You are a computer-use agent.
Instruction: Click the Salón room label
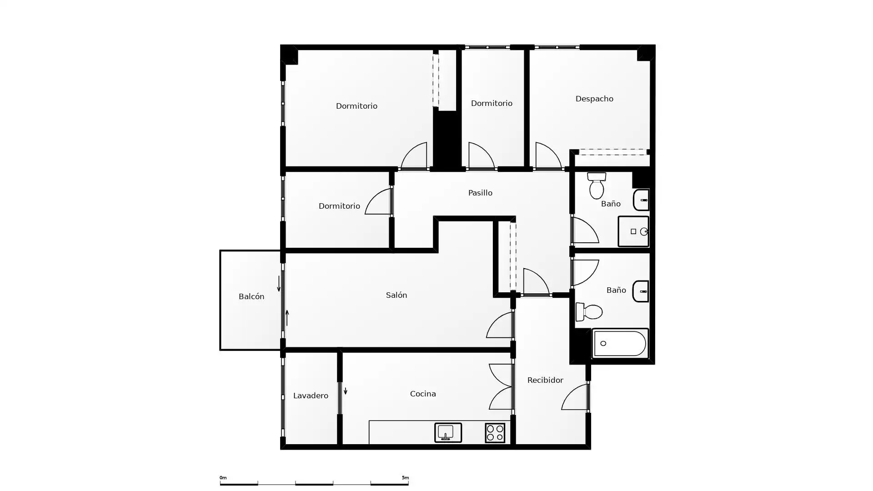pyautogui.click(x=396, y=295)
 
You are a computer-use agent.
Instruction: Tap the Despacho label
pyautogui.click(x=594, y=99)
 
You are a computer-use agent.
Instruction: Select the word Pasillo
pyautogui.click(x=480, y=193)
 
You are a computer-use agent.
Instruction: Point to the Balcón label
pyautogui.click(x=251, y=296)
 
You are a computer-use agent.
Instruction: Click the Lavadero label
pyautogui.click(x=311, y=396)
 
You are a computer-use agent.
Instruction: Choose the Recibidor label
pyautogui.click(x=545, y=380)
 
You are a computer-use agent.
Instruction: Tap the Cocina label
pyautogui.click(x=423, y=394)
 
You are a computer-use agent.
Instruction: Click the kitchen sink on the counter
pyautogui.click(x=448, y=432)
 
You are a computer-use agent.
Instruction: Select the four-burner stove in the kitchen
pyautogui.click(x=495, y=433)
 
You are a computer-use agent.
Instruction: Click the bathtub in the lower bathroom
pyautogui.click(x=620, y=343)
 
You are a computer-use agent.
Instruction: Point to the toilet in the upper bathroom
pyautogui.click(x=597, y=185)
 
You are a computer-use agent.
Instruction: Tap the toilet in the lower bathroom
pyautogui.click(x=589, y=312)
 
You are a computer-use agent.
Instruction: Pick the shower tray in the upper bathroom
pyautogui.click(x=633, y=231)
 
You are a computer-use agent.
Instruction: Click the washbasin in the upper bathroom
pyautogui.click(x=641, y=200)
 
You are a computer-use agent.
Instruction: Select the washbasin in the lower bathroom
pyautogui.click(x=641, y=291)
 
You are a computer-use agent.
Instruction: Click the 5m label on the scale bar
pyautogui.click(x=405, y=478)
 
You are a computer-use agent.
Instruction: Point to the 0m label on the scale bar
pyautogui.click(x=223, y=478)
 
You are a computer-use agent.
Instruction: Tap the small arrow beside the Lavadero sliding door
pyautogui.click(x=346, y=391)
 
